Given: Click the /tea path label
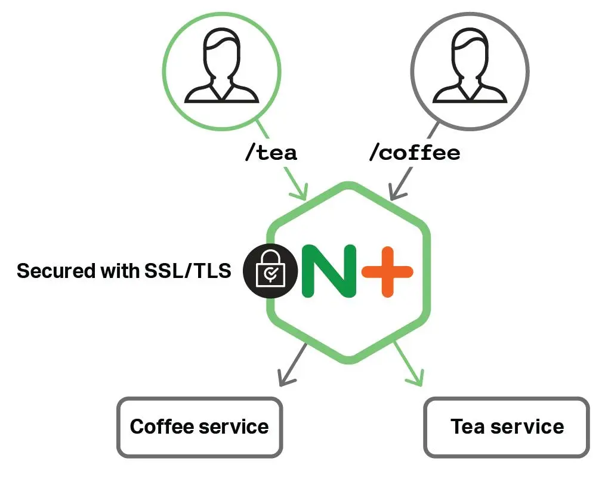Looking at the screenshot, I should coord(270,153).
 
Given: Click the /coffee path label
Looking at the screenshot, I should coord(415,153).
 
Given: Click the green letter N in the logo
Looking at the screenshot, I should coord(329,271).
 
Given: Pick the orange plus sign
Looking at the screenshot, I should coord(388,271).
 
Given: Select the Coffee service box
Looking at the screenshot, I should coord(199,427).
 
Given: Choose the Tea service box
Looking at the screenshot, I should coord(507,427).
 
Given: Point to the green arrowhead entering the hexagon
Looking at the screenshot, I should coord(300,192).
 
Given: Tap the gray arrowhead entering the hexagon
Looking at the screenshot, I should coord(396,192).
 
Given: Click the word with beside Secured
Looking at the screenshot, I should coord(119,271).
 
